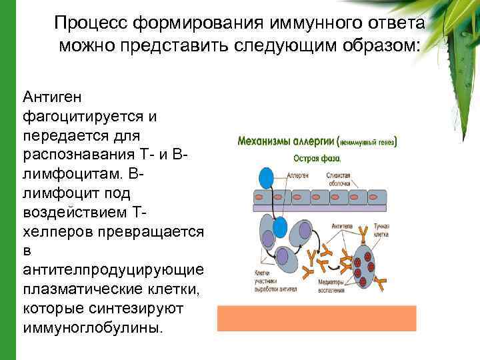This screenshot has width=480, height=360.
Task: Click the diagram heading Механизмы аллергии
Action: click(x=287, y=142)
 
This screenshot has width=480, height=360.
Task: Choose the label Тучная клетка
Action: click(x=381, y=231)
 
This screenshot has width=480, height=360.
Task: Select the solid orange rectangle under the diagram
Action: click(x=317, y=318)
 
